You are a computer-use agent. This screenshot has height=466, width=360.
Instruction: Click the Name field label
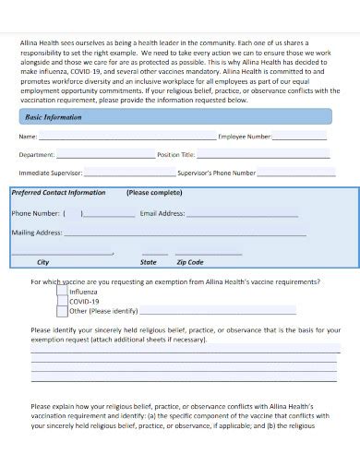[x=28, y=137]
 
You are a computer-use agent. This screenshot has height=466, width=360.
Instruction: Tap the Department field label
[x=38, y=155]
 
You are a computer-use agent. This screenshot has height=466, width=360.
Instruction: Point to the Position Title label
[x=176, y=155]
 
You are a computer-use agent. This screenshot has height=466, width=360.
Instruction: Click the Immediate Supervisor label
[x=52, y=173]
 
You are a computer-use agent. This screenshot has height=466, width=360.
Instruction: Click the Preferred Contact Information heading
[x=58, y=194]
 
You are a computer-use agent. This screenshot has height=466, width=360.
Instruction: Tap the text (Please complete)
[x=154, y=194]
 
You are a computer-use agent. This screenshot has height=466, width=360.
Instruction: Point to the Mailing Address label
[x=37, y=233]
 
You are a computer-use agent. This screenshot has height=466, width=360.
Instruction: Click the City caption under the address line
[x=43, y=262]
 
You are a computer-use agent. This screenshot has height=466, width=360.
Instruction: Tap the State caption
[x=150, y=262]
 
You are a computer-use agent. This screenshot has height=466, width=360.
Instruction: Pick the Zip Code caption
[x=190, y=262]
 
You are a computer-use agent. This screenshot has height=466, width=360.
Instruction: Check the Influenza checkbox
[x=62, y=292]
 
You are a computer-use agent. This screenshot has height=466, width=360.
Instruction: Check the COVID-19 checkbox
[x=62, y=302]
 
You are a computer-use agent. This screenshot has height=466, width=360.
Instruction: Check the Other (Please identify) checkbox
[x=62, y=312]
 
